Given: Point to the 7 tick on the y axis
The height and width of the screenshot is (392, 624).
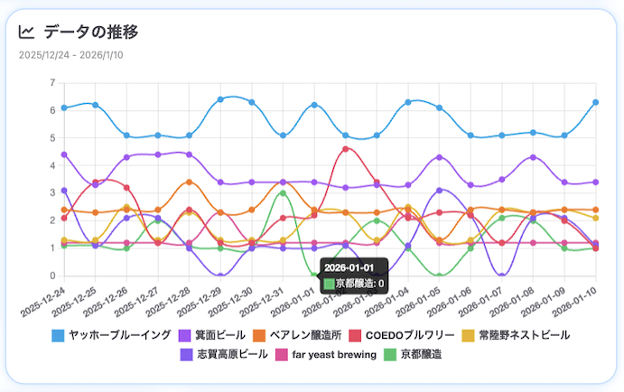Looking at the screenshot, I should pos(52,83).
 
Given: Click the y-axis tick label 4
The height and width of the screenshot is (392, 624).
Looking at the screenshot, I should pos(52,165).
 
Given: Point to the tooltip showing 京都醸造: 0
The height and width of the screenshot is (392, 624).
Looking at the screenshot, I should pos(353,275).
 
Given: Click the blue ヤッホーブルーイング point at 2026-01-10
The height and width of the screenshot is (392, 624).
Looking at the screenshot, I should pos(596,102).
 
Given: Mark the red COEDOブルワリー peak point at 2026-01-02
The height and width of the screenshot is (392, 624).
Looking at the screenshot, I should pos(346,149).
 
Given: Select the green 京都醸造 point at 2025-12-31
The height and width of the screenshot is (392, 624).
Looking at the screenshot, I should pos(283,192).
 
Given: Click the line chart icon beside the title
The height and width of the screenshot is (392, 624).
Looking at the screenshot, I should pos(26,33).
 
